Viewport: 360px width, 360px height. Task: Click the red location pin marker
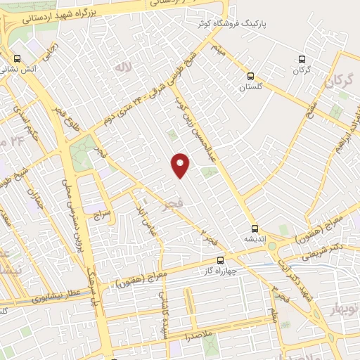coord(181,165)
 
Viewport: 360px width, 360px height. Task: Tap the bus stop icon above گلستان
coord(250,77)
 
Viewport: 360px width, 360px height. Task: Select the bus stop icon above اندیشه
coord(255,228)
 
